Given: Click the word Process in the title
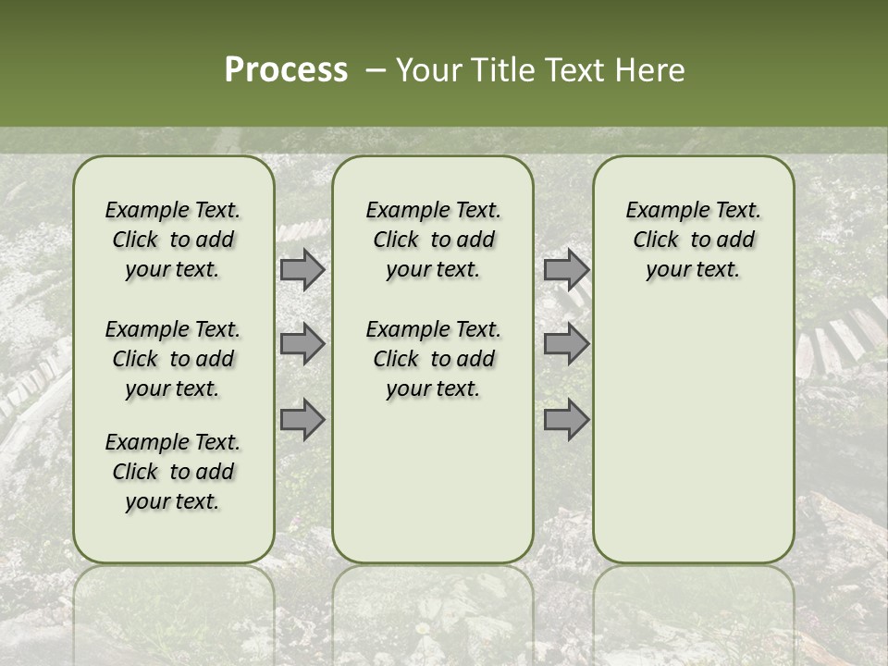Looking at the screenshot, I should [286, 70].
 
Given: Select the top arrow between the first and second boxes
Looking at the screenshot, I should [302, 270].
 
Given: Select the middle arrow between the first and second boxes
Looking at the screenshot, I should [302, 345].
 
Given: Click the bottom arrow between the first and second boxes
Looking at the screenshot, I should [302, 420].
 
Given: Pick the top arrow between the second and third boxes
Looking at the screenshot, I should [566, 270].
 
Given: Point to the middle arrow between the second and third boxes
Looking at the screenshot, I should [566, 345].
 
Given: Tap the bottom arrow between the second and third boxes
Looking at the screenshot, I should [566, 420].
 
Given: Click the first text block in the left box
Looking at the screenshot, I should [173, 240].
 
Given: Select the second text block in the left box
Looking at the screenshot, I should [173, 359].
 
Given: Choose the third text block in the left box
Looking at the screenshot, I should [173, 472].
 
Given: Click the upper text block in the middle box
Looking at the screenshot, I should [433, 240].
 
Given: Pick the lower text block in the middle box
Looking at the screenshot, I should [433, 359].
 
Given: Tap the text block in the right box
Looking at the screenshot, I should [694, 240].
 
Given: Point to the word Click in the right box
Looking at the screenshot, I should [656, 240].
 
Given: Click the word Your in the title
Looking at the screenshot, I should [427, 70].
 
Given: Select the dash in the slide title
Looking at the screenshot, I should [374, 70].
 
